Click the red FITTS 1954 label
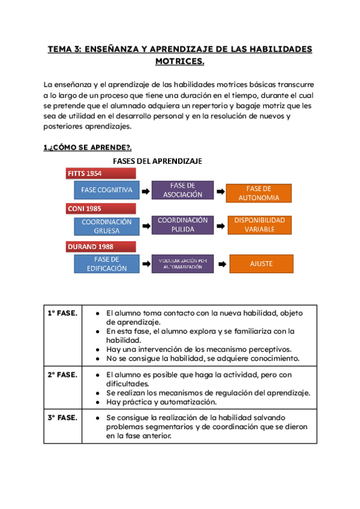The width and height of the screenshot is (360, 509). pyautogui.click(x=101, y=173)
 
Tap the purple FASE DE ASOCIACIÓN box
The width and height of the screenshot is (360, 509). pyautogui.click(x=182, y=190)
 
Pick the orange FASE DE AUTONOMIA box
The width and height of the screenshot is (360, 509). pyautogui.click(x=259, y=193)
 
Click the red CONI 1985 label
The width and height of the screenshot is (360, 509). pyautogui.click(x=101, y=209)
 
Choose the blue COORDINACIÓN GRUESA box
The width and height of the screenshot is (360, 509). pyautogui.click(x=107, y=226)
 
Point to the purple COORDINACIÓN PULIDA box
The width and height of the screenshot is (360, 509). pyautogui.click(x=182, y=224)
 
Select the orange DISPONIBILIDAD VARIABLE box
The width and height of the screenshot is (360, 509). pyautogui.click(x=259, y=224)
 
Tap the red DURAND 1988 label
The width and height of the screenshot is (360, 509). pyautogui.click(x=101, y=246)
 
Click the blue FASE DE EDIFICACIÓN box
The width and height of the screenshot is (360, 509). pyautogui.click(x=107, y=264)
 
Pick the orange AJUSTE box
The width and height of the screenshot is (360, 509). pyautogui.click(x=262, y=264)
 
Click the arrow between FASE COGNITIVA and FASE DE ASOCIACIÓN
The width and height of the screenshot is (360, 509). pyautogui.click(x=145, y=191)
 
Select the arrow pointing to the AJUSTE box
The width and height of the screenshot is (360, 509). pyautogui.click(x=221, y=264)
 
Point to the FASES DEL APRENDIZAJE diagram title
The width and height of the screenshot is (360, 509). pyautogui.click(x=157, y=161)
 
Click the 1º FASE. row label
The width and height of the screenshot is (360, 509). pyautogui.click(x=62, y=313)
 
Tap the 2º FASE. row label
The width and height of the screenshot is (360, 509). pyautogui.click(x=62, y=375)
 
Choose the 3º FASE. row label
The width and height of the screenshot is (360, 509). pyautogui.click(x=62, y=417)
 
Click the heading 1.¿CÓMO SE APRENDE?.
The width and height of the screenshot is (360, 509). pyautogui.click(x=87, y=147)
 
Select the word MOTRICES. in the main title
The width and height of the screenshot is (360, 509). pyautogui.click(x=180, y=61)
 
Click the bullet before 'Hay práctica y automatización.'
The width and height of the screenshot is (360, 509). pyautogui.click(x=98, y=402)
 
